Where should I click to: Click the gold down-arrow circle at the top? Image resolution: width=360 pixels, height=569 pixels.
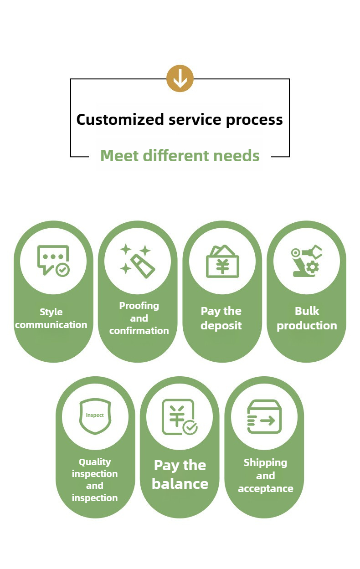180,78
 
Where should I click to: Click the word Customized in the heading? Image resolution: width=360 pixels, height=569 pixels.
120,119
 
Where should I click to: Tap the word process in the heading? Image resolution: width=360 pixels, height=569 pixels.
254,120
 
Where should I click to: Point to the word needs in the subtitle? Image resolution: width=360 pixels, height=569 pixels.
237,155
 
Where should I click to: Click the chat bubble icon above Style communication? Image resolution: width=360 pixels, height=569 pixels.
53,261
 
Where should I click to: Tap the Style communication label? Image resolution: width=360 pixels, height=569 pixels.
51,318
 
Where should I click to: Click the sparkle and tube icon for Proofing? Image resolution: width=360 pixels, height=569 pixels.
138,261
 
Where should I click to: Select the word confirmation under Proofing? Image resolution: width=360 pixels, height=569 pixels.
139,331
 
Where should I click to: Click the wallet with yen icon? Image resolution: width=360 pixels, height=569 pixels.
222,261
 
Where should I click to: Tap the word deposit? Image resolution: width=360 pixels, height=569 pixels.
221,326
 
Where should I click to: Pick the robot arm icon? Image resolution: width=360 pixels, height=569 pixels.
307,261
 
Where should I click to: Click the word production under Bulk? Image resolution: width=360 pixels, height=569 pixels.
307,326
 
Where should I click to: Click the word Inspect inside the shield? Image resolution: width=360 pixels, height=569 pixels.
95,415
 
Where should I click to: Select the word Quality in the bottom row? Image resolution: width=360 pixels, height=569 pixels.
95,462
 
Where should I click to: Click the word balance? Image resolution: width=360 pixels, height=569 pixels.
180,484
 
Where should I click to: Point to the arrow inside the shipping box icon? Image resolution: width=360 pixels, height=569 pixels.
267,420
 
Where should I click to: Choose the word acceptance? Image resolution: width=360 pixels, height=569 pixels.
266,489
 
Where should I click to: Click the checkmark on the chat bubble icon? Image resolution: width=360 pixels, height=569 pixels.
62,270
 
